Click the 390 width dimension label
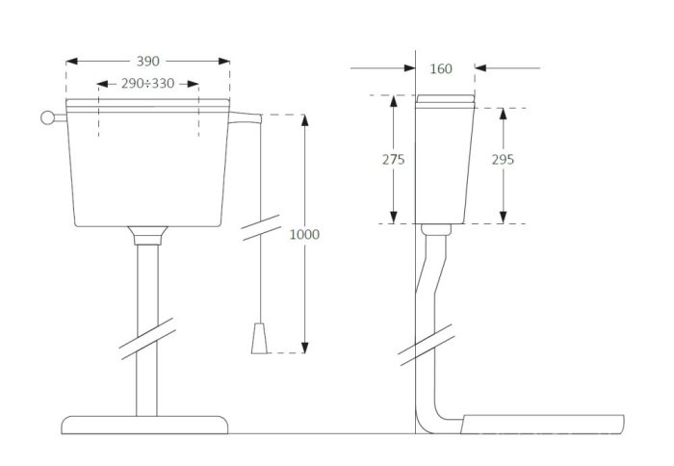click(x=148, y=62)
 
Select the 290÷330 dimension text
click(x=147, y=84)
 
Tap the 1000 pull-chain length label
click(x=304, y=234)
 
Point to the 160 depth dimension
click(x=441, y=68)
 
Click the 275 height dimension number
click(x=393, y=160)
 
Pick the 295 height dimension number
click(x=503, y=160)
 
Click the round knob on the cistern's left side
click(x=47, y=117)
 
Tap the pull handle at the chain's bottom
click(x=259, y=338)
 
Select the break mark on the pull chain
click(x=261, y=227)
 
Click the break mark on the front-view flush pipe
click(x=147, y=339)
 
